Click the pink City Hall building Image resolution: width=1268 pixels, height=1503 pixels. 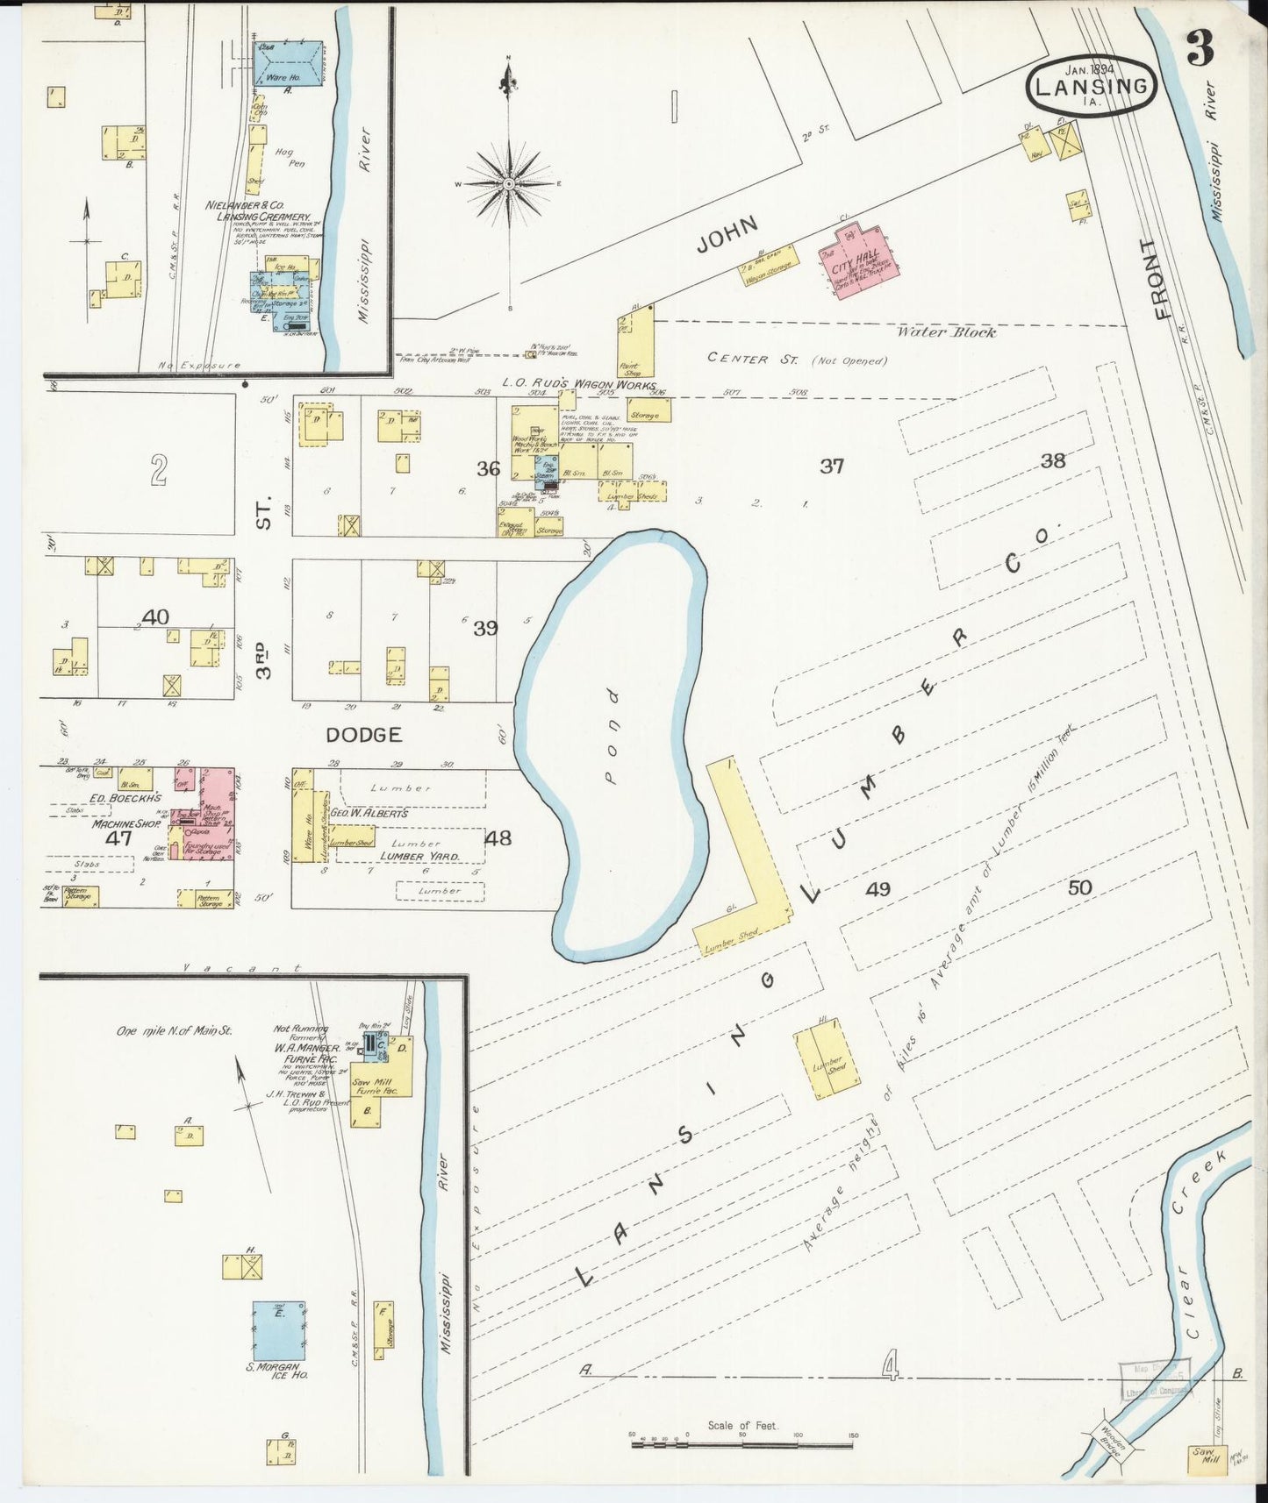pos(856,264)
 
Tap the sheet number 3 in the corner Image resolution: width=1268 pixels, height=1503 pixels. pos(1200,50)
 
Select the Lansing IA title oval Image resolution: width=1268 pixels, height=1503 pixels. pos(1091,84)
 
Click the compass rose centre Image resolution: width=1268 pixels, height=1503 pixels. pos(509,184)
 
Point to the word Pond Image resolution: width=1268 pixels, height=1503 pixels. pos(612,736)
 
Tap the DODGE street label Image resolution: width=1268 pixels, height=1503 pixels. pos(363,735)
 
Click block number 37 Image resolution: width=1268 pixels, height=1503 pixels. pos(831,466)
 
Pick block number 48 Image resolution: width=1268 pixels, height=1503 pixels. pos(498,837)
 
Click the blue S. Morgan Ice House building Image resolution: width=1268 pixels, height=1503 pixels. pos(279,1330)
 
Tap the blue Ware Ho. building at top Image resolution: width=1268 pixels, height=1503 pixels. pos(288,64)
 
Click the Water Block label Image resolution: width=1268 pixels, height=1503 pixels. pos(946,332)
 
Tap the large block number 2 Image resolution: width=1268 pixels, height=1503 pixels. pos(158,471)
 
